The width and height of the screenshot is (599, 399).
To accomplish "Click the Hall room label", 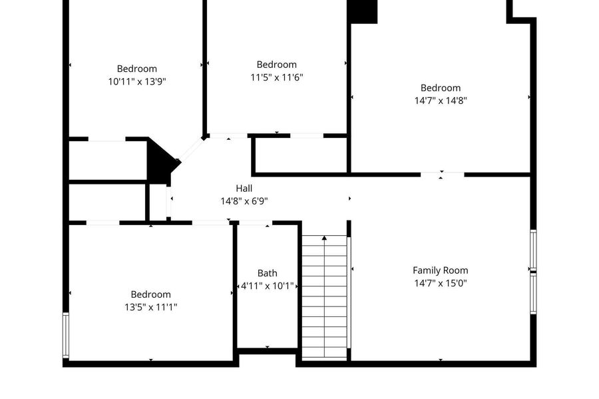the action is (244, 189).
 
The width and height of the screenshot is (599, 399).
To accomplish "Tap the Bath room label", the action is (268, 273).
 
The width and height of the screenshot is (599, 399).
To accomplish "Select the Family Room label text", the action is (441, 270).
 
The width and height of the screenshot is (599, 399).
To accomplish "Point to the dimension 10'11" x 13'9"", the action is (137, 81).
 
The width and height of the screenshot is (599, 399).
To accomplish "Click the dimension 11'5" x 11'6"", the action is (277, 77).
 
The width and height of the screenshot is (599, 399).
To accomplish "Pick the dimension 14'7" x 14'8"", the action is (441, 101).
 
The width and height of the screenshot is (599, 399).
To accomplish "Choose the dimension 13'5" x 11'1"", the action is (151, 307).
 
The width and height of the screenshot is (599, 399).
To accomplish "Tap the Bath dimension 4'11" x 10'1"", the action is (268, 286).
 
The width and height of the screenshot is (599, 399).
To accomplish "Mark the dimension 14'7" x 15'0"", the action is (441, 283).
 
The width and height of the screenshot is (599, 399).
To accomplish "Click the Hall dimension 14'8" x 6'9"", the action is (244, 201).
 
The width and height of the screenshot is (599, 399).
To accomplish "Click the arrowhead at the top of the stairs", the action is (324, 238).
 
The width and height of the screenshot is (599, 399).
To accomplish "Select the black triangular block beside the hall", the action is (161, 161).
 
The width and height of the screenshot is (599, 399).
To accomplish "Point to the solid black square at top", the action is (362, 11).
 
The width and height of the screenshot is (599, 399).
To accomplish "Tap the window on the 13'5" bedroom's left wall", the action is (66, 335).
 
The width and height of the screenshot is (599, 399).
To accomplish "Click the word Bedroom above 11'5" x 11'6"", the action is (277, 65).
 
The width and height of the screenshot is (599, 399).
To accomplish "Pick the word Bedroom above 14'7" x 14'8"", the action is (441, 88).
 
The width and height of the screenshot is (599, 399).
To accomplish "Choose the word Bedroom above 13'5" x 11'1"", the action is (151, 294).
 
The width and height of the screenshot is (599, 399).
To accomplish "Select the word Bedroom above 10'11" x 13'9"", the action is (137, 69).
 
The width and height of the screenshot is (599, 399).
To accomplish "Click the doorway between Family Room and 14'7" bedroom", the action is (443, 175).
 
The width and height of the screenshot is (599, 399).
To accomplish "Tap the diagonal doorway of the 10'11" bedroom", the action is (190, 150).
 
